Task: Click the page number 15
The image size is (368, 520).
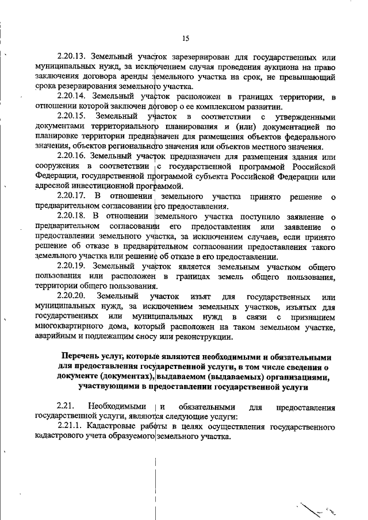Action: click(x=185, y=38)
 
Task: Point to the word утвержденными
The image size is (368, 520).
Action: click(x=305, y=117)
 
